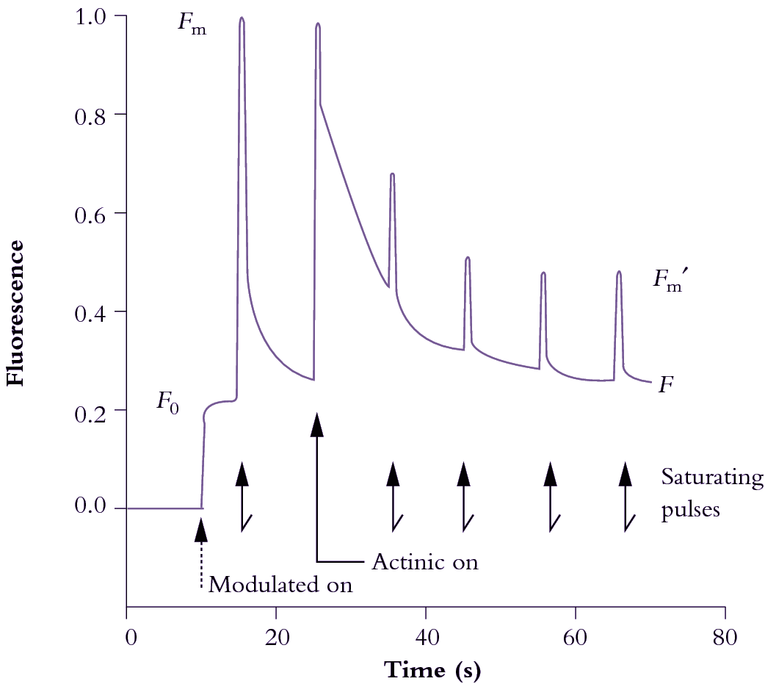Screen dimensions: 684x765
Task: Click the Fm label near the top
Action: coord(191,23)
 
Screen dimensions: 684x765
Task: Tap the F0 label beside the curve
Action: coord(168,401)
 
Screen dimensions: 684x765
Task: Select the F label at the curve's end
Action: coord(666,384)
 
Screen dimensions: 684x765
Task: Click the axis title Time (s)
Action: coord(426,670)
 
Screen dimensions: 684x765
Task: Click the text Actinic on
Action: coord(425,563)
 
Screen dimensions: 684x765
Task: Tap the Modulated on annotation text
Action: coord(281,586)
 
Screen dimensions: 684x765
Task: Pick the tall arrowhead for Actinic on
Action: coord(317,425)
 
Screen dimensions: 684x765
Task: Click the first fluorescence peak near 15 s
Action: coord(242,21)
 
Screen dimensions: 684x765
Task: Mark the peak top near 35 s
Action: coord(393,175)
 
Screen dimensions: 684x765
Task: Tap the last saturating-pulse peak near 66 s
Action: coord(619,273)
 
